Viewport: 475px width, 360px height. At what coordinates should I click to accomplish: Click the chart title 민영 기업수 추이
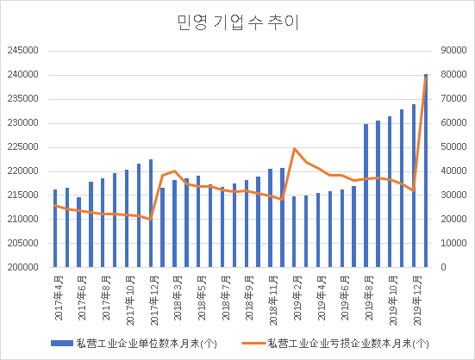coord(236,22)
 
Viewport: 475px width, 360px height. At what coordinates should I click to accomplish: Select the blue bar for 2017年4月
coord(55,228)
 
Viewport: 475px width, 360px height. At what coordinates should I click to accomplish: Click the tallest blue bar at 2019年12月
coord(426,172)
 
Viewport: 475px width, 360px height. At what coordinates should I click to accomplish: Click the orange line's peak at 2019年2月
coord(295,149)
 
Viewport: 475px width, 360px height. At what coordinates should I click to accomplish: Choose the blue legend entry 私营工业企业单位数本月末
coord(139,343)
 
